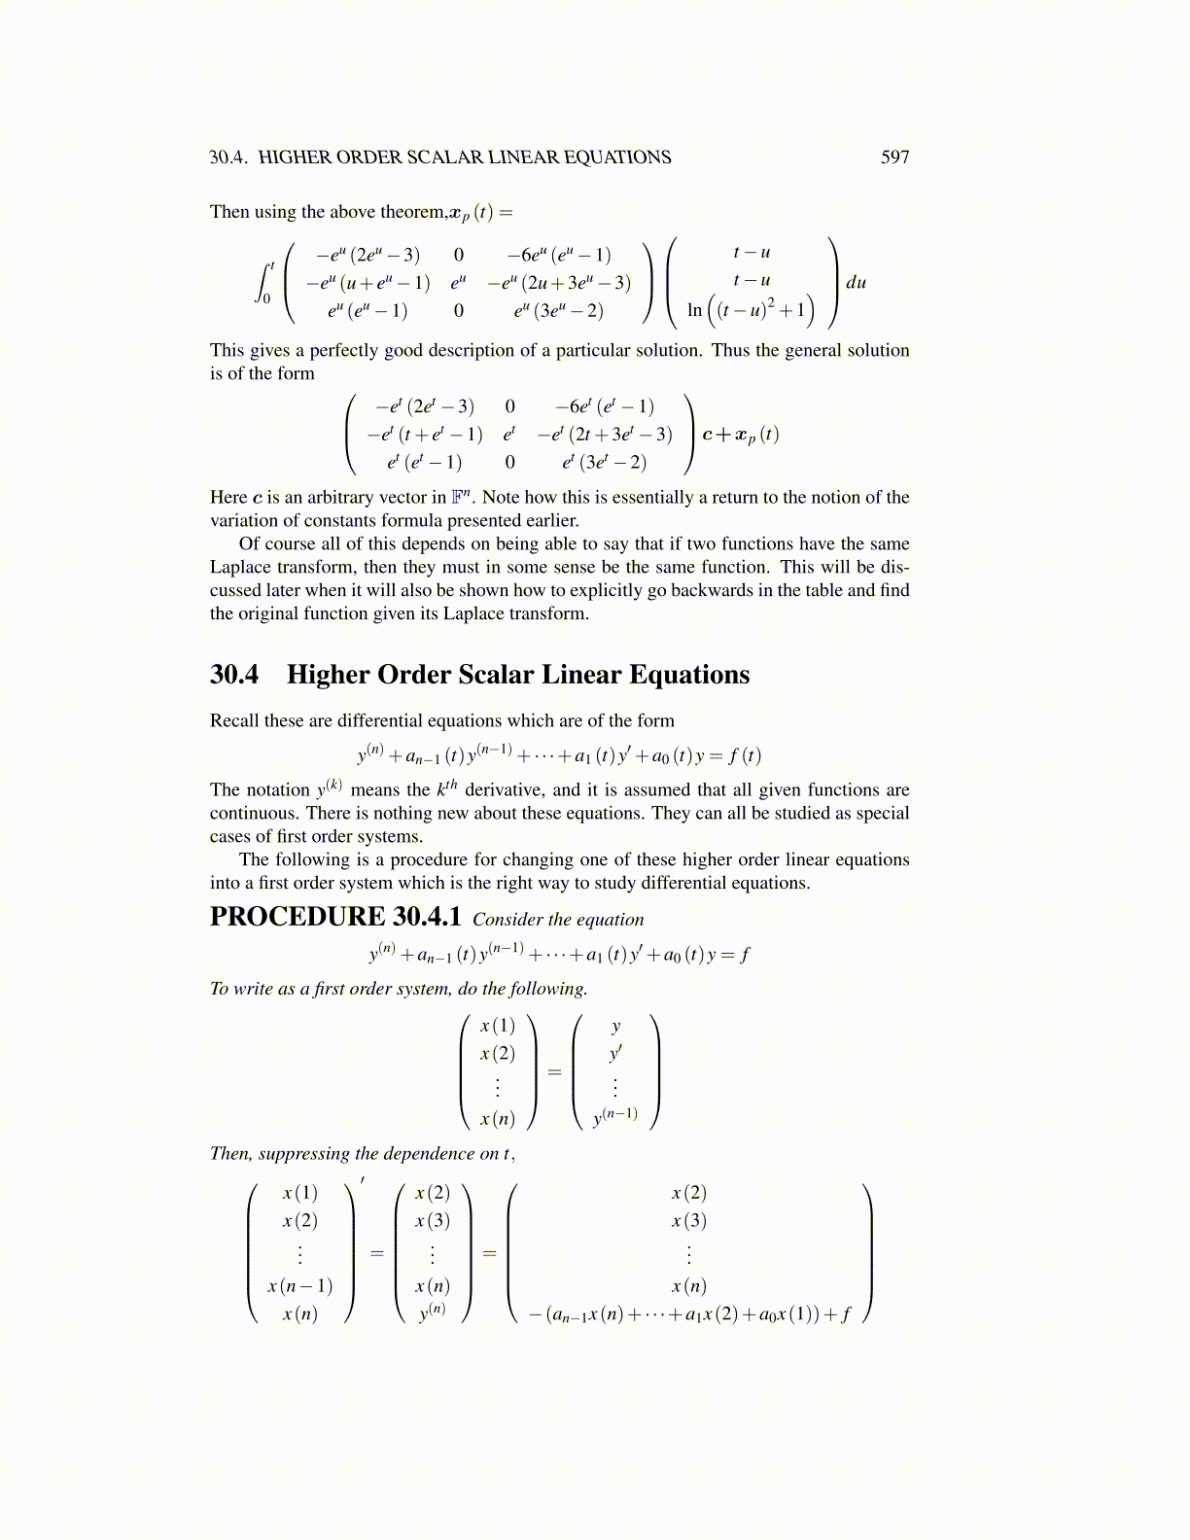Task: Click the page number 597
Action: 894,157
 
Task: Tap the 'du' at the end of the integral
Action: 856,283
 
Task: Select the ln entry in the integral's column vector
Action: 694,310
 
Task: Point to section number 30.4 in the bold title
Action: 234,675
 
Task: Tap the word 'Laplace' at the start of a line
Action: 240,567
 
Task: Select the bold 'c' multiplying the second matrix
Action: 707,435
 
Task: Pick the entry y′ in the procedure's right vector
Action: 615,1054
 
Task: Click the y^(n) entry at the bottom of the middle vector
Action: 433,1312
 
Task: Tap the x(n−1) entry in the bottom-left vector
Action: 299,1285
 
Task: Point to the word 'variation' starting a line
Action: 243,520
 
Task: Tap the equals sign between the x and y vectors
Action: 555,1071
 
